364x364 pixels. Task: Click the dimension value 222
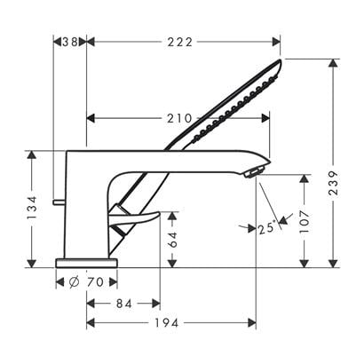pos(180,42)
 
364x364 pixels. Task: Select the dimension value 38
pos(70,42)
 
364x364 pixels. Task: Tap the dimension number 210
pos(179,118)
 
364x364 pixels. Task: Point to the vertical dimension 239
pos(334,183)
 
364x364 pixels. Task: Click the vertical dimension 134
pos(32,207)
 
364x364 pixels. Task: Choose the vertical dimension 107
pos(305,222)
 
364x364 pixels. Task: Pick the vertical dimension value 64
pos(172,240)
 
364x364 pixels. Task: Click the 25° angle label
pos(267,228)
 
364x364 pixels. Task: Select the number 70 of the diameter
pos(95,282)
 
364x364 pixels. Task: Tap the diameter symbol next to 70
pos(74,282)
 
